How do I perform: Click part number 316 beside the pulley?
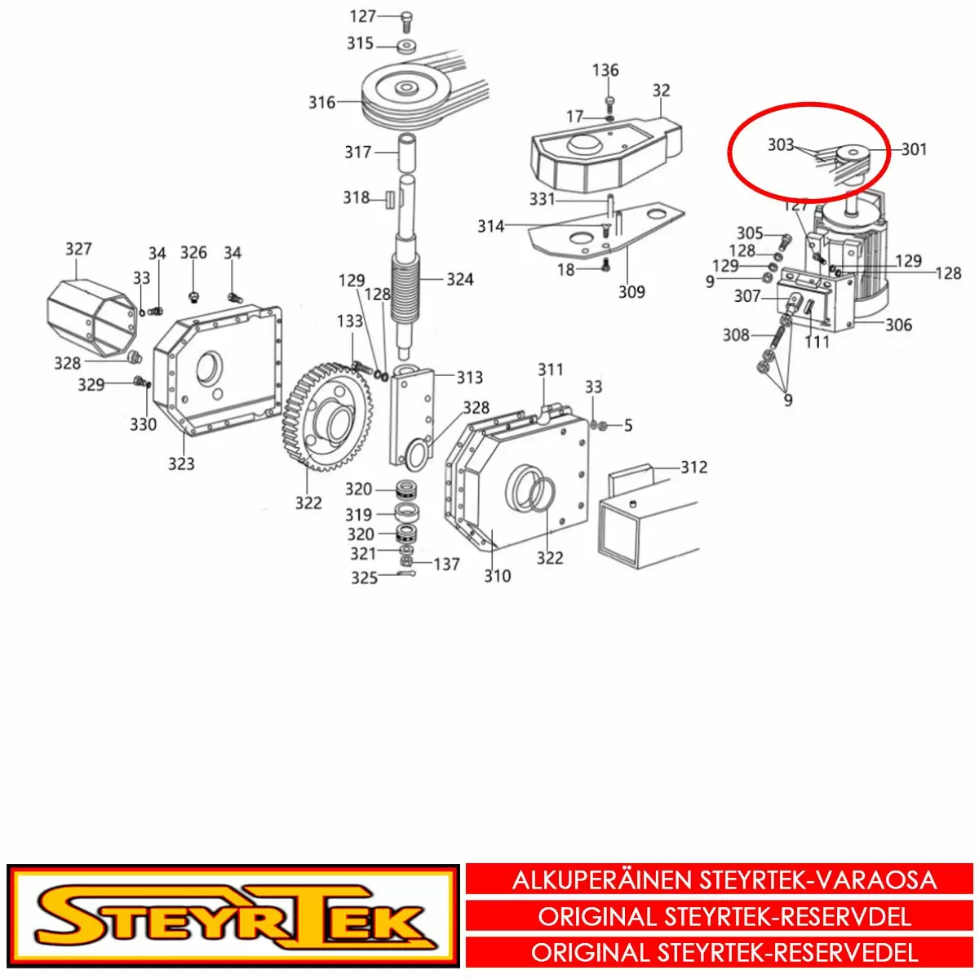pyautogui.click(x=322, y=103)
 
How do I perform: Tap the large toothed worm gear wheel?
pyautogui.click(x=327, y=416)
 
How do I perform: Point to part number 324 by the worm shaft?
pyautogui.click(x=460, y=280)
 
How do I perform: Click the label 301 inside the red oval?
pyautogui.click(x=914, y=149)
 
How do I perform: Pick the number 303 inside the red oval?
pyautogui.click(x=781, y=145)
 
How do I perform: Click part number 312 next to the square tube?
pyautogui.click(x=693, y=467)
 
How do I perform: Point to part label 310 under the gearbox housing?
pyautogui.click(x=497, y=576)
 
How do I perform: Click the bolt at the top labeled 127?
pyautogui.click(x=405, y=21)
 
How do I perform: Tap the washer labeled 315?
pyautogui.click(x=406, y=47)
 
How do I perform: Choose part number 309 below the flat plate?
pyautogui.click(x=631, y=292)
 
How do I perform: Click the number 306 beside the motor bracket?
pyautogui.click(x=898, y=326)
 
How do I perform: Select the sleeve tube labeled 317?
pyautogui.click(x=407, y=153)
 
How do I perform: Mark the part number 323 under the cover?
pyautogui.click(x=181, y=464)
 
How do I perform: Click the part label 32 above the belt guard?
pyautogui.click(x=661, y=91)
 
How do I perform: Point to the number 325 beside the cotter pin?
pyautogui.click(x=364, y=578)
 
